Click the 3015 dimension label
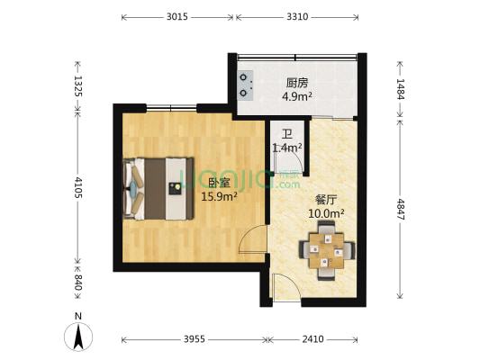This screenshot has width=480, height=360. (177, 16)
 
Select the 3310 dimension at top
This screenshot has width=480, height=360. (300, 16)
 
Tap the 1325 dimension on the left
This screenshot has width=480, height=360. (78, 86)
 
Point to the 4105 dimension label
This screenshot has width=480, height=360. (78, 189)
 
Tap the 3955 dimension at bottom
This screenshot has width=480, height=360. (194, 340)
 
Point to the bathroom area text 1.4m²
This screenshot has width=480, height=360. (287, 147)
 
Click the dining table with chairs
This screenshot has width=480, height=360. (326, 249)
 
